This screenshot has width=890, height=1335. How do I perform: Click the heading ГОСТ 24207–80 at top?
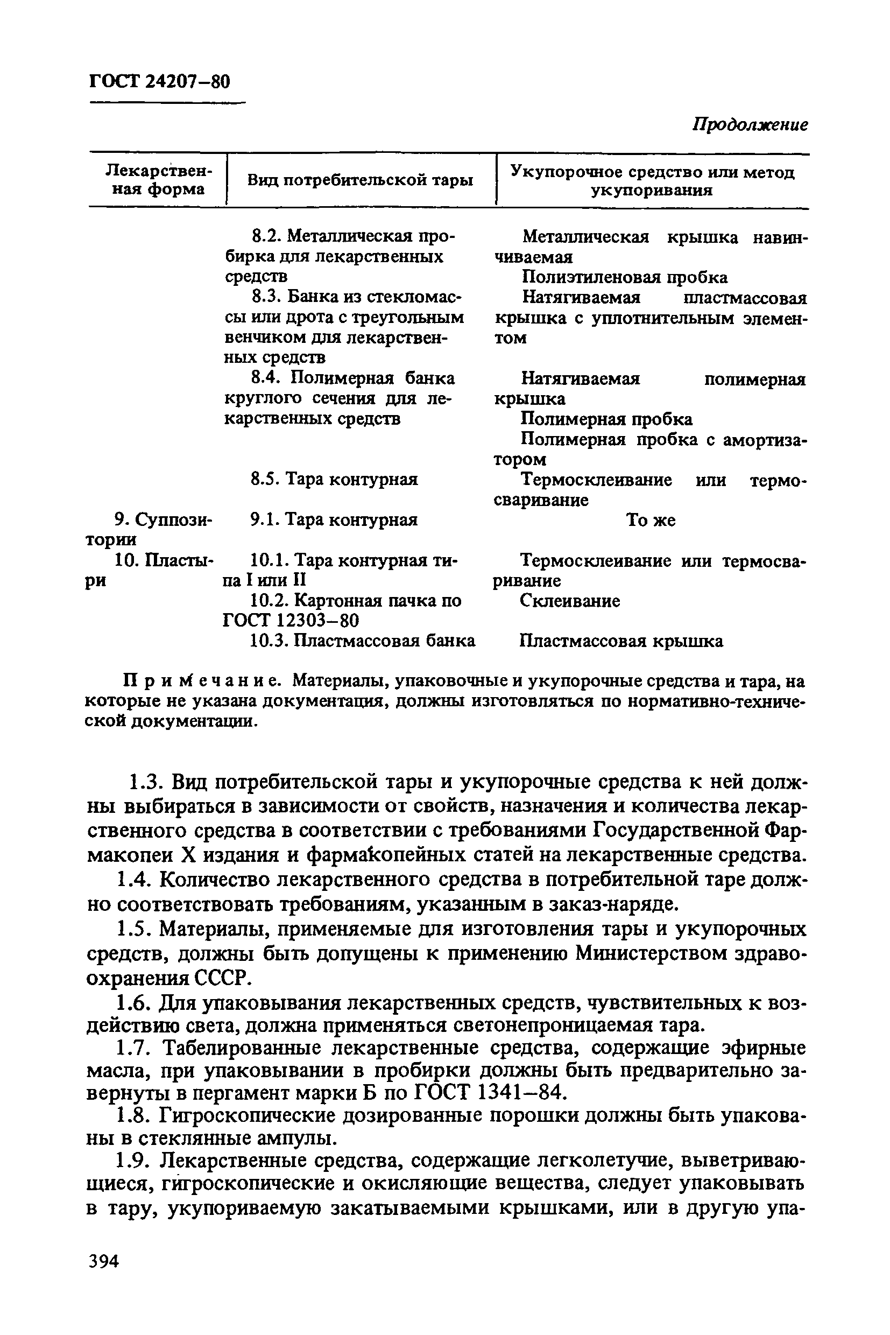(x=159, y=82)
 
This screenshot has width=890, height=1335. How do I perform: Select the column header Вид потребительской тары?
(x=361, y=180)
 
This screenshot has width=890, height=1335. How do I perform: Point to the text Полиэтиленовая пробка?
(x=624, y=277)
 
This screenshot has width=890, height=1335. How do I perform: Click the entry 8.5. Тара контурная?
(x=334, y=479)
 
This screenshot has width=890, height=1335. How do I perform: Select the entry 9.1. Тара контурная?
(x=334, y=519)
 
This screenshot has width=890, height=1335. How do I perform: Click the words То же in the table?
(x=651, y=520)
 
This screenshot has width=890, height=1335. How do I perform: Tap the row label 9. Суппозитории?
(x=149, y=529)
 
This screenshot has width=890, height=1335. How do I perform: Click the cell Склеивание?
(x=570, y=601)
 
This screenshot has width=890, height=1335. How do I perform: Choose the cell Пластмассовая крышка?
(x=621, y=641)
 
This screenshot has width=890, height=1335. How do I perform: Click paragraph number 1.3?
(x=147, y=782)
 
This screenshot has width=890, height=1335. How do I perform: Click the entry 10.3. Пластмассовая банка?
(x=362, y=641)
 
